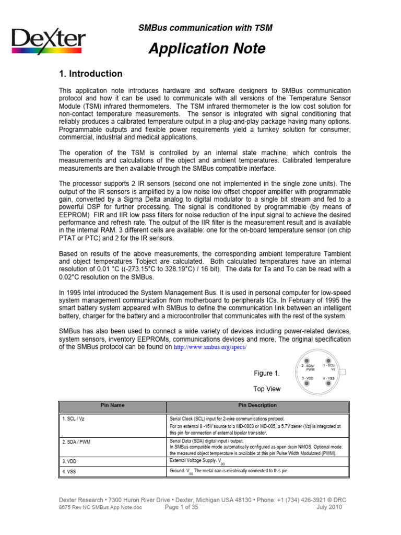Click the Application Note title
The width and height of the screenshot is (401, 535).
click(207, 49)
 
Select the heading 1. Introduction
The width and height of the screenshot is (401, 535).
click(90, 74)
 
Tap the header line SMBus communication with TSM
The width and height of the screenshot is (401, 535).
click(205, 28)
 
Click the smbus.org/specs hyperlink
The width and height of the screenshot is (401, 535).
click(210, 347)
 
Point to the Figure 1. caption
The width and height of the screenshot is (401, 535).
click(267, 373)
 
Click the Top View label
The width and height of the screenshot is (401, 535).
click(267, 389)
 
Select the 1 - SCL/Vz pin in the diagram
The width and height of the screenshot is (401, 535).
click(328, 361)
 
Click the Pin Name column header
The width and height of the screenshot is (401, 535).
click(112, 405)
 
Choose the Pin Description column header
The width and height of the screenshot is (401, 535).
click(257, 405)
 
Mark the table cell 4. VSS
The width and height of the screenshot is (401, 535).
click(70, 471)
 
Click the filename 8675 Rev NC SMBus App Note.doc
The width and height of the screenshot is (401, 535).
click(100, 507)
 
